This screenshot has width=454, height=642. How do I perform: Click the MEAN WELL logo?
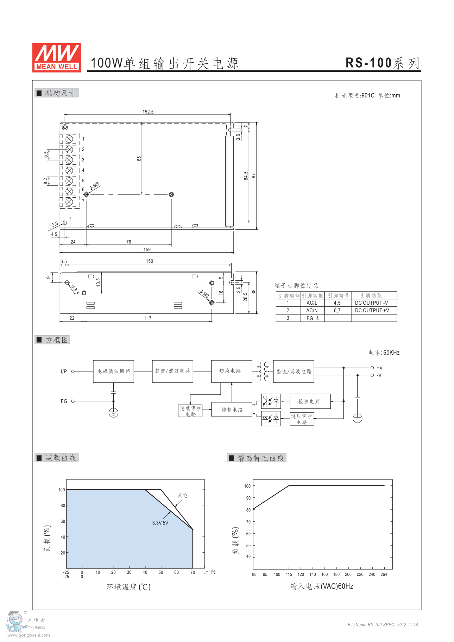coord(57,58)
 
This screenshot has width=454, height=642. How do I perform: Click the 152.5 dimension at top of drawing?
coord(148,112)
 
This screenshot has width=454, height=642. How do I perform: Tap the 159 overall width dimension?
coord(147,249)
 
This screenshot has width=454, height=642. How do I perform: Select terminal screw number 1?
coord(69,139)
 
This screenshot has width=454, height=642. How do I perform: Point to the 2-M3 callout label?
coord(94,186)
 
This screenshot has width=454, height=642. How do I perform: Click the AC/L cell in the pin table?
coord(312,303)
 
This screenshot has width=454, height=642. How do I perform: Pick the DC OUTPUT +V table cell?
coord(372,310)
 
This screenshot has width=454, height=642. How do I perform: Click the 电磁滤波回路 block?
coord(113,371)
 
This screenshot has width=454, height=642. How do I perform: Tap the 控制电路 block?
coord(232,410)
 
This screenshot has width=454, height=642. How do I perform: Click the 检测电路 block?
coord(310,401)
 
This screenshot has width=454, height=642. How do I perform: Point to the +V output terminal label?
coord(379,368)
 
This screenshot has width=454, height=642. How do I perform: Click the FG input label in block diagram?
coord(64,401)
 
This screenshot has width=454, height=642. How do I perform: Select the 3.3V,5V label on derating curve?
coord(160,523)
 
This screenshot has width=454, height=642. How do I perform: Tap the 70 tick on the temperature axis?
coord(193,572)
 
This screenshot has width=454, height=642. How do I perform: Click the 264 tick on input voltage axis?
coord(384,574)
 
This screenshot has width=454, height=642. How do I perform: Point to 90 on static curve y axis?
coord(248,498)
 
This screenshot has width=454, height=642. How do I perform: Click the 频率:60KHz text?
coord(384,353)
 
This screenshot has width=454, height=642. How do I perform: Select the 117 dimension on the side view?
coord(148,318)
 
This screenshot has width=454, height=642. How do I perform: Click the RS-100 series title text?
coord(383,63)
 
